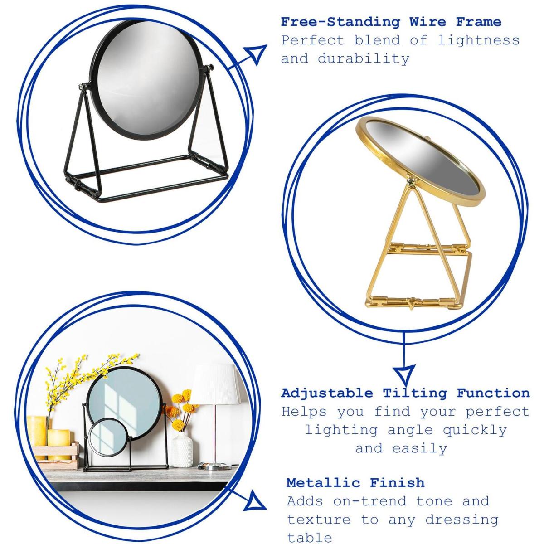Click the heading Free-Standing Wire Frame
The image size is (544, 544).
pos(391,22)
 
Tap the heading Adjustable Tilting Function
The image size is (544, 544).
pos(405,393)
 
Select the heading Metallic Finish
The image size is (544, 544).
pos(355,483)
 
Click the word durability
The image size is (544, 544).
pos(364,59)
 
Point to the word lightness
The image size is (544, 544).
pos(479,40)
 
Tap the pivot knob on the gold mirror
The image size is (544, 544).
pos(411,180)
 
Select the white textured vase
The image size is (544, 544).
pos(182,450)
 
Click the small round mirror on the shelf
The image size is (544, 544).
pos(109,437)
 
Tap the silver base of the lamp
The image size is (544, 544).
pos(214,466)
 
